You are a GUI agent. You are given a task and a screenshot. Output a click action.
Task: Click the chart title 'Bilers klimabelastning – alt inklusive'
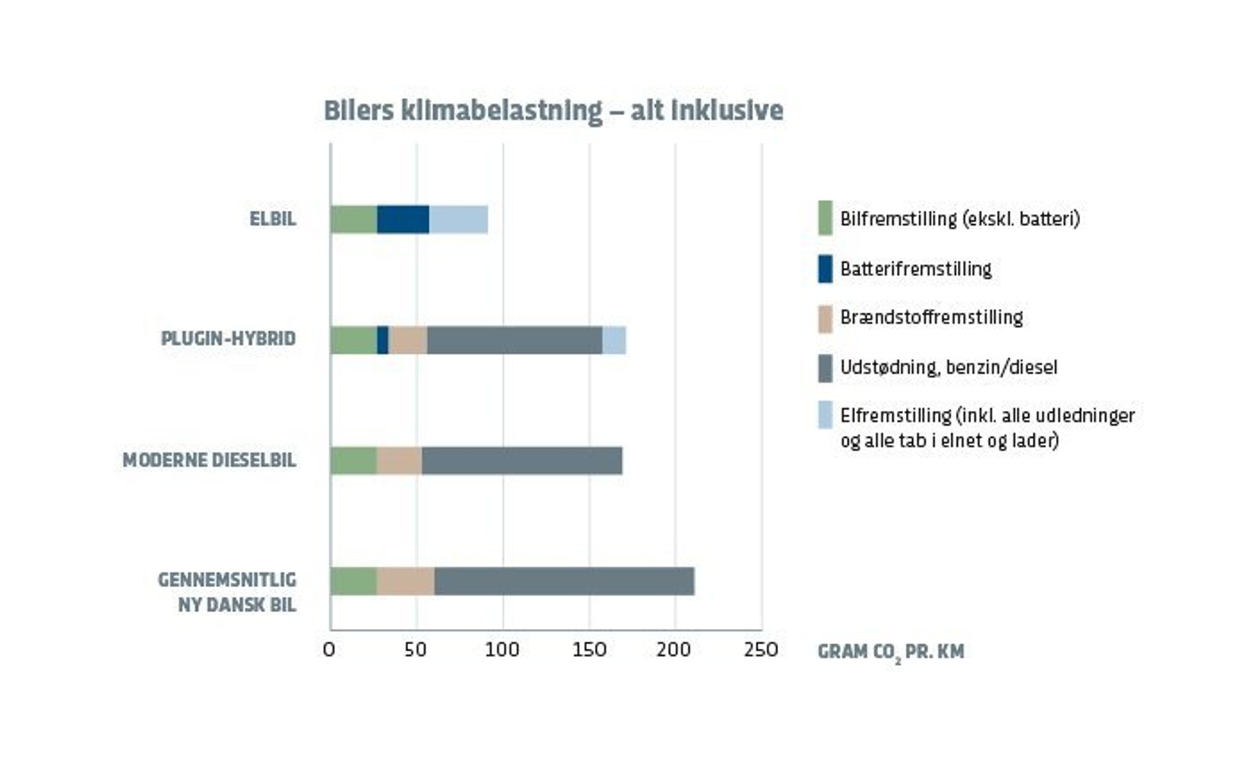554,111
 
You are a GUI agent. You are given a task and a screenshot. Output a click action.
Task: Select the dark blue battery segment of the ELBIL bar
403,220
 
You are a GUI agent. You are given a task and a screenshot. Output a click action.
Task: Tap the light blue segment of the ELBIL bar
458,220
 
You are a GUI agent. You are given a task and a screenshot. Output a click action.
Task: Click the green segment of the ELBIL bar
354,220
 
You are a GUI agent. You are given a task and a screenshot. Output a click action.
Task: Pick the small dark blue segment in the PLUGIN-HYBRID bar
383,340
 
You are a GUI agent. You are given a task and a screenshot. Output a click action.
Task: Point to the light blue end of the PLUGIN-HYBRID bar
614,340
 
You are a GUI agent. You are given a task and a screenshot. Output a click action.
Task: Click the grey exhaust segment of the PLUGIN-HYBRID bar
514,340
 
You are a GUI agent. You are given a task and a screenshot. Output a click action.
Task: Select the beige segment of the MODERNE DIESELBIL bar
399,461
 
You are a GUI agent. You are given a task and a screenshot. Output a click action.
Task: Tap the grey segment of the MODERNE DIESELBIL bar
522,461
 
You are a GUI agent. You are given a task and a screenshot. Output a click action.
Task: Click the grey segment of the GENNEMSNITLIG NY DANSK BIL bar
564,581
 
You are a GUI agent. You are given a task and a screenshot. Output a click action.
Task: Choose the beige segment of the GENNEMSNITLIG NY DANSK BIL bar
406,581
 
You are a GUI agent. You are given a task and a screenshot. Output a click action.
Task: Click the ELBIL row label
273,220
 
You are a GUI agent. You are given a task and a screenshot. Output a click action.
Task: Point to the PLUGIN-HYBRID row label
228,339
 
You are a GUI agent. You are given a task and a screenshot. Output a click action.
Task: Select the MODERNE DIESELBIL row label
209,460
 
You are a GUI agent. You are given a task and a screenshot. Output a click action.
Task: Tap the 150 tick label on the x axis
589,650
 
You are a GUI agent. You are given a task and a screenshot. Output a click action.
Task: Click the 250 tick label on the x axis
761,650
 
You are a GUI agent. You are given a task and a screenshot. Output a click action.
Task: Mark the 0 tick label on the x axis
329,650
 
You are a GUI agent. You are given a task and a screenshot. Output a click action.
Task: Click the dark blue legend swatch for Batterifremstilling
825,269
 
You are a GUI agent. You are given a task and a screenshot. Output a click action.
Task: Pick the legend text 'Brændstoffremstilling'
932,317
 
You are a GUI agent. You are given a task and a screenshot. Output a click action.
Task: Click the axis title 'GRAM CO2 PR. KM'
890,652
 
